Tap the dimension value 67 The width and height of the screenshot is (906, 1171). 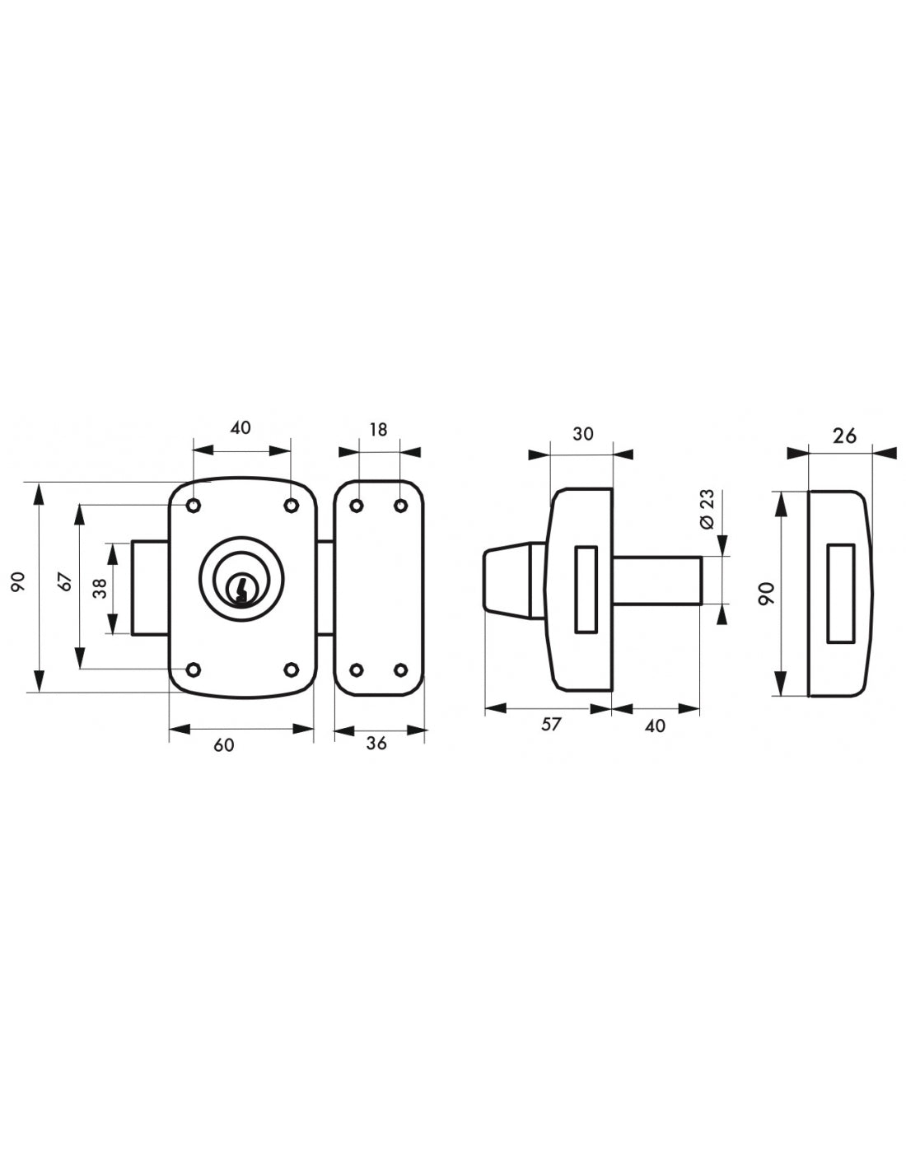[x=65, y=581]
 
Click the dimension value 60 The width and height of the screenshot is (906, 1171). [x=224, y=745]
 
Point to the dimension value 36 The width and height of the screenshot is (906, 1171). [x=376, y=743]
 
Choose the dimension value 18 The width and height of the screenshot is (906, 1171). [x=378, y=430]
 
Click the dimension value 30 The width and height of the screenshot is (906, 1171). [x=582, y=433]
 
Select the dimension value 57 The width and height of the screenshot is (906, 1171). [x=551, y=724]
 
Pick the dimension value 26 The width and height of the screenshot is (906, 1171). [x=844, y=436]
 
